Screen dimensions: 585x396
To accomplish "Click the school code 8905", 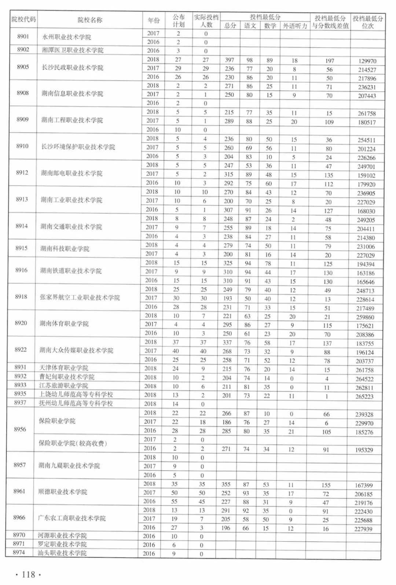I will coord(23,67).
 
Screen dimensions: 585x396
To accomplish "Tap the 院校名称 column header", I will coord(90,20).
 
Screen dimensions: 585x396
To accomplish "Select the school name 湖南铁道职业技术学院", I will coord(71,271).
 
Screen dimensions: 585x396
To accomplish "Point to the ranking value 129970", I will coord(367,61).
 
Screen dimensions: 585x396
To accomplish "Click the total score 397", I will coord(230,60).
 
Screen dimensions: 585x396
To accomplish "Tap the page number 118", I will coord(28,574).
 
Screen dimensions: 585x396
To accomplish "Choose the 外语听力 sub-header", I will coord(295,26).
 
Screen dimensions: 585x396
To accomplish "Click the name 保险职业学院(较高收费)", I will coord(73,443).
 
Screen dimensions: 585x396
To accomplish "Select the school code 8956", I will coord(20,429).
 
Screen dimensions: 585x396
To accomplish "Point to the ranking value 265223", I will coord(364,396).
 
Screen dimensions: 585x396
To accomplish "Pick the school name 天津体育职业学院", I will coord(64,368).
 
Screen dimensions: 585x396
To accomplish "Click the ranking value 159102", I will coord(366,175).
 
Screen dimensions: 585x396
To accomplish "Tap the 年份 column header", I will coord(154,21).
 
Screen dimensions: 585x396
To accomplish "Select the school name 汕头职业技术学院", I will coord(62,553).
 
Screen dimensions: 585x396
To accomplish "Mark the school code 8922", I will coord(21,349).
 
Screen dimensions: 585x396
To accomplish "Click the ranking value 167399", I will coord(363,485).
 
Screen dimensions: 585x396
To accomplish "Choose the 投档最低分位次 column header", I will coord(368,22).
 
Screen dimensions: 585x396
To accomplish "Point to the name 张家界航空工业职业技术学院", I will coord(80,297).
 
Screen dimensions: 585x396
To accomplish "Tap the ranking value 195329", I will coord(364,450).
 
